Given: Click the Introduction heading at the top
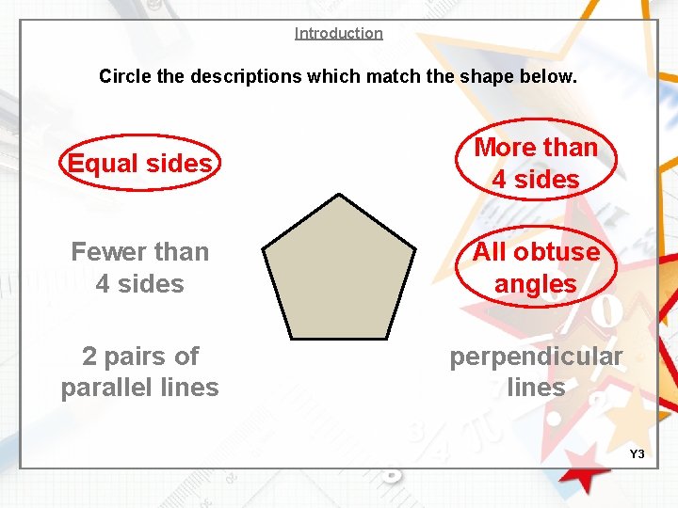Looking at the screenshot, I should pyautogui.click(x=338, y=34).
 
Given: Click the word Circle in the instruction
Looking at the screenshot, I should pyautogui.click(x=123, y=76).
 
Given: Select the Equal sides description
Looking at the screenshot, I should pyautogui.click(x=139, y=164).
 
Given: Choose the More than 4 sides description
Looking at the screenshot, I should pyautogui.click(x=536, y=163).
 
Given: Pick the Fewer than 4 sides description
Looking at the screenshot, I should pyautogui.click(x=139, y=267).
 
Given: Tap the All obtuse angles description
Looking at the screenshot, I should pyautogui.click(x=536, y=267).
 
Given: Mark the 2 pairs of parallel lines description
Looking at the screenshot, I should pyautogui.click(x=139, y=372).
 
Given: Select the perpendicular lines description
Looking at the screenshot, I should pyautogui.click(x=536, y=372).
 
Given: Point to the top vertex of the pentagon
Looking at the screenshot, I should pyautogui.click(x=339, y=195).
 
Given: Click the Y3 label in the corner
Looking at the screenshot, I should pyautogui.click(x=637, y=454).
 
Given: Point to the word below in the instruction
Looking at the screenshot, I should pyautogui.click(x=550, y=76).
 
